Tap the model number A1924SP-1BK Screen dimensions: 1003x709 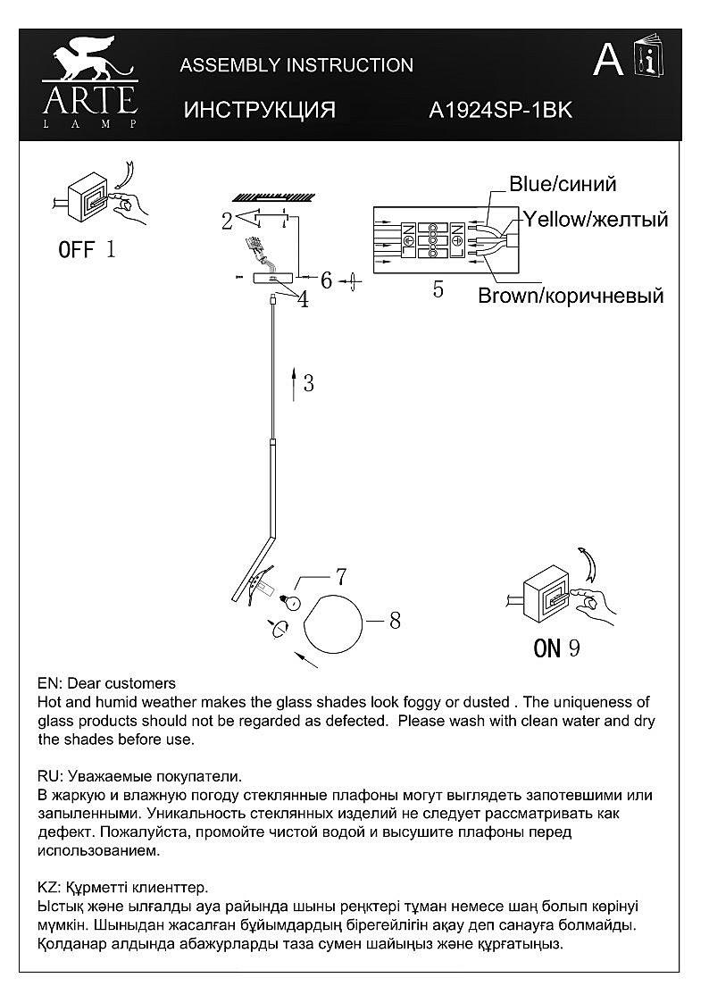500,110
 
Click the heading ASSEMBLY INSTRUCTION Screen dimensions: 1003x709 296,65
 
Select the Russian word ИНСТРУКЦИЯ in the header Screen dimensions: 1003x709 259,110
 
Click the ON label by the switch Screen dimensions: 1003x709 546,648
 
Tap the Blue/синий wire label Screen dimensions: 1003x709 563,184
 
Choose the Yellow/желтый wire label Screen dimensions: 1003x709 596,219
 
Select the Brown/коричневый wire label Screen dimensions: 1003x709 571,296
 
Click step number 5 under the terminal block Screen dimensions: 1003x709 438,289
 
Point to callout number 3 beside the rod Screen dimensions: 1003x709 308,383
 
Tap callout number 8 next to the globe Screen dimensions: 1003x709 394,620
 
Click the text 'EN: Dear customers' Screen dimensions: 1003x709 107,683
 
